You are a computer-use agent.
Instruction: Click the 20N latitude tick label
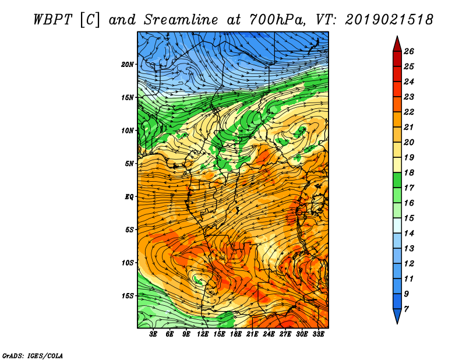127,65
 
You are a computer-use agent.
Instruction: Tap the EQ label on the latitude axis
129,197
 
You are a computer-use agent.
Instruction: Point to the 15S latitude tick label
128,296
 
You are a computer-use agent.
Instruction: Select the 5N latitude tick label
129,164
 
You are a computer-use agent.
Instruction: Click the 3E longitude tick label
153,334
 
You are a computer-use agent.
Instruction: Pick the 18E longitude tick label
236,334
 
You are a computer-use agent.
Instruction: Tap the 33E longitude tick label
318,334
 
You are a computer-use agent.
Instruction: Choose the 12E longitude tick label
203,334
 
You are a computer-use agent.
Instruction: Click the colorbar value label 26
409,51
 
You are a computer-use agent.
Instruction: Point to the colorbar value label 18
409,172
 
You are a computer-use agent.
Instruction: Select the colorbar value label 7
406,309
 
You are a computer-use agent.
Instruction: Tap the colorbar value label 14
409,234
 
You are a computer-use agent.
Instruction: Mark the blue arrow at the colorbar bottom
397,316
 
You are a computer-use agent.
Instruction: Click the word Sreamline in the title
181,20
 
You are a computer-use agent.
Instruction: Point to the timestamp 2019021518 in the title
389,20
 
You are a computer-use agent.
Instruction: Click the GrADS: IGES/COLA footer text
33,356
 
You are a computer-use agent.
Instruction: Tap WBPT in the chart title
52,20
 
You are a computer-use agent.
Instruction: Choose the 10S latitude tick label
128,263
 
